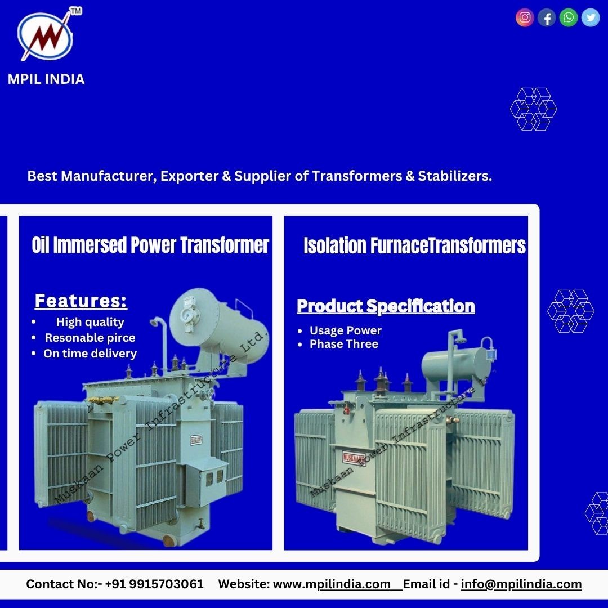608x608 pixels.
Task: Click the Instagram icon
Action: coord(525,17)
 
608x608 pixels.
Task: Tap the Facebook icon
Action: coord(546,17)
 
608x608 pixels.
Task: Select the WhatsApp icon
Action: coord(569,17)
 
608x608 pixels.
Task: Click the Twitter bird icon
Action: coord(591,17)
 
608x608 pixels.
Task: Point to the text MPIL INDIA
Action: coord(46,79)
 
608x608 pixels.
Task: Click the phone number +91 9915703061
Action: coord(154,584)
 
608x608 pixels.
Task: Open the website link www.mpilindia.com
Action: coord(332,584)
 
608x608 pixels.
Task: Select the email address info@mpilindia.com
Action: coord(521,584)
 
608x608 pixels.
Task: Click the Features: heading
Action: coord(81,301)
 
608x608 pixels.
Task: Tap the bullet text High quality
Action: coord(90,322)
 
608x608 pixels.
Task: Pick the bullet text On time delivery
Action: coord(90,354)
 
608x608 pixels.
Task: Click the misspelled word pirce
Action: coord(121,338)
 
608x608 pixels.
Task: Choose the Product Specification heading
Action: coord(386,306)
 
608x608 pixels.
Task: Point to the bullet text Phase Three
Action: coord(343,344)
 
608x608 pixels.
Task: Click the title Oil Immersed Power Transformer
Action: coord(150,245)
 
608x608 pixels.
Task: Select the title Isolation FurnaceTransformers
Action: coord(414,245)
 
